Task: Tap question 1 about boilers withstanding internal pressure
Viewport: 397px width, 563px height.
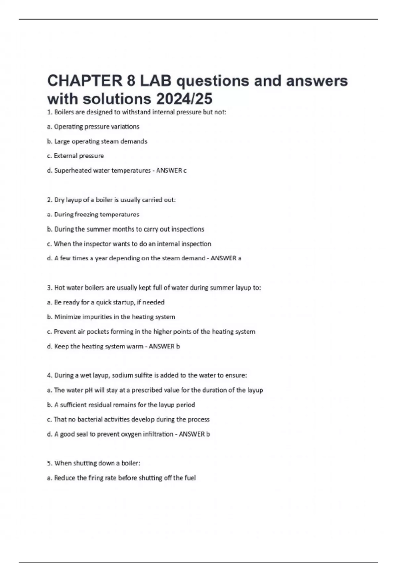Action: click(x=137, y=112)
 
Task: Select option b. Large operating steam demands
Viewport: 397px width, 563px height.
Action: click(x=97, y=141)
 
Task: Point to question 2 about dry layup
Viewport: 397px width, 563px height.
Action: click(x=111, y=200)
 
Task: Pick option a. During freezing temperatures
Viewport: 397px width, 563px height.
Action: click(x=93, y=215)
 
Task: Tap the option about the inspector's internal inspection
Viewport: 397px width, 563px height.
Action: click(x=129, y=244)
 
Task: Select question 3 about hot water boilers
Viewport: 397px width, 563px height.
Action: click(x=154, y=288)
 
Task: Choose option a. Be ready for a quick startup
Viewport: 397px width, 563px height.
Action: click(x=106, y=302)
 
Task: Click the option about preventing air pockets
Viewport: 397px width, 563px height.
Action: click(x=151, y=332)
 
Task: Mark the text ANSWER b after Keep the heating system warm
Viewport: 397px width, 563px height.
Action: click(x=164, y=346)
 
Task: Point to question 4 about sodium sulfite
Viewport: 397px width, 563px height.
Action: click(x=147, y=376)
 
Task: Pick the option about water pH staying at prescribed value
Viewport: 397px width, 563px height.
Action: click(x=155, y=390)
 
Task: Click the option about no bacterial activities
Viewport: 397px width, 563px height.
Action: click(x=128, y=420)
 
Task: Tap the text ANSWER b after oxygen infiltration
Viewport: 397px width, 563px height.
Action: click(x=195, y=434)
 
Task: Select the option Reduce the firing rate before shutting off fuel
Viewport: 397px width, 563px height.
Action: click(x=121, y=478)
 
